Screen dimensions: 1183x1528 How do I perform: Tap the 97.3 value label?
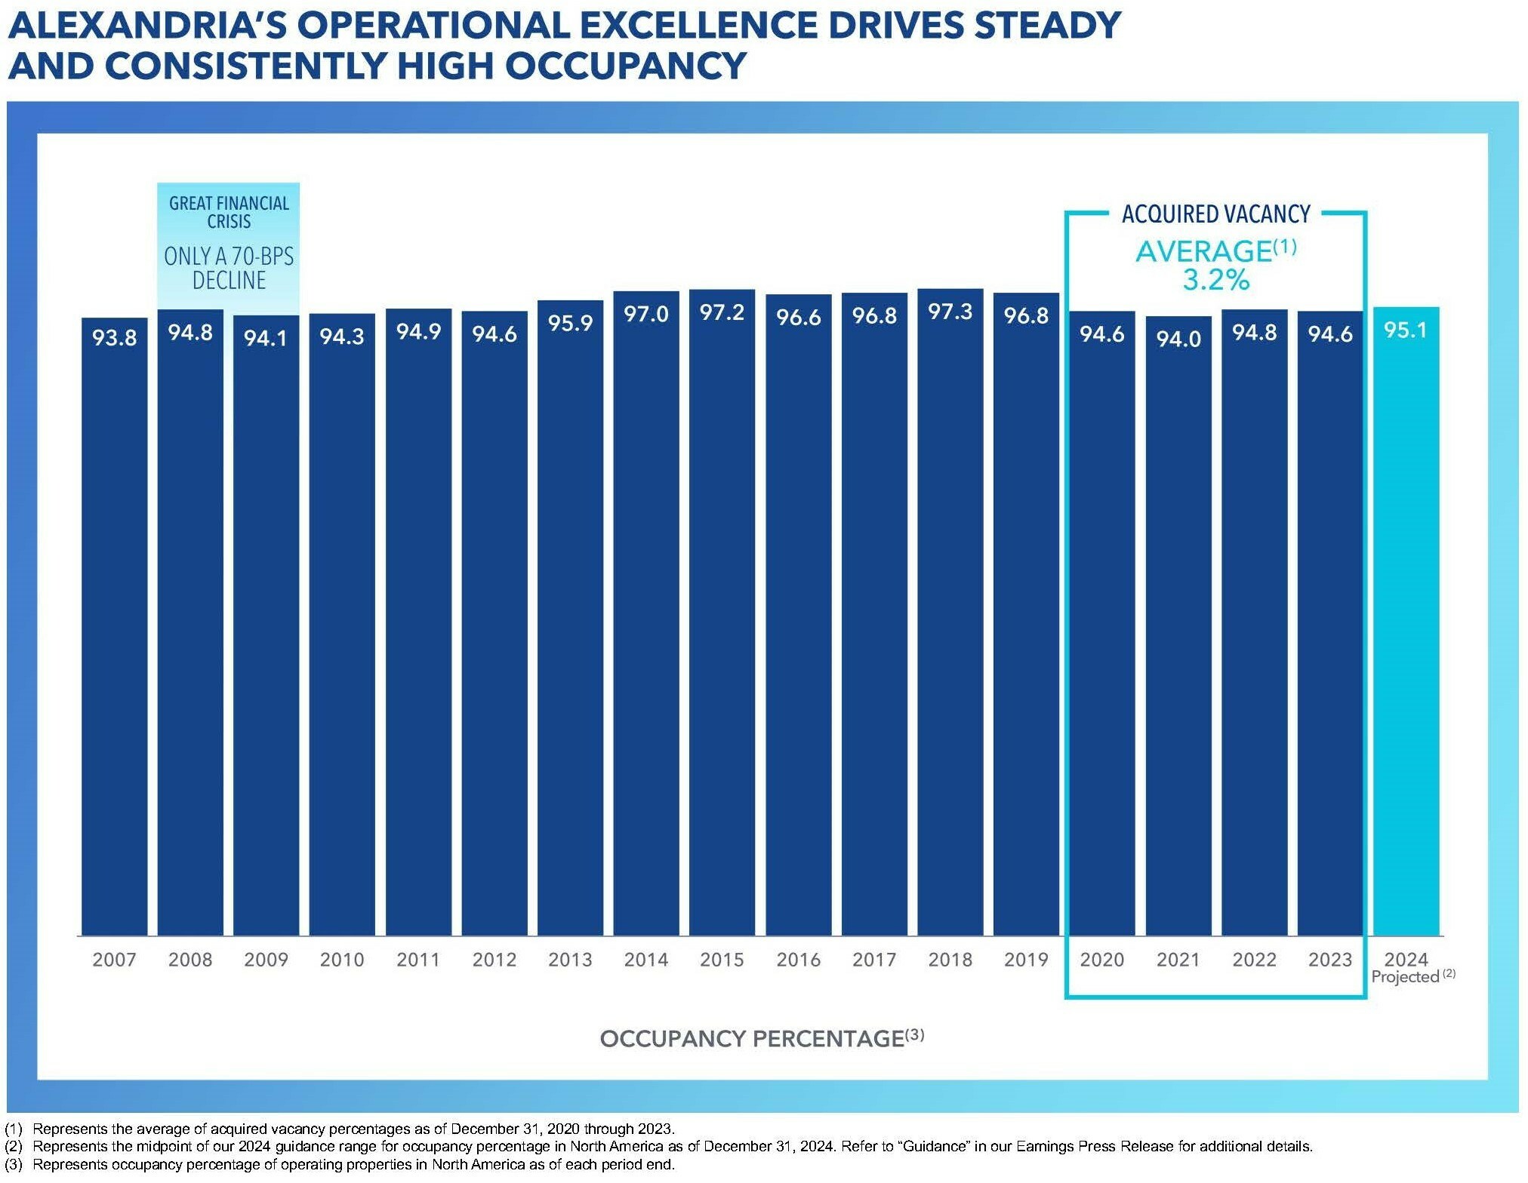tap(950, 312)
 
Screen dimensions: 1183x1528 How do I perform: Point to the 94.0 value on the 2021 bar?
tap(1178, 339)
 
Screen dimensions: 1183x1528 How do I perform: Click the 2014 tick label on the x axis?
tap(645, 960)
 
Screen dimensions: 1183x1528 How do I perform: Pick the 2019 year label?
tap(1025, 960)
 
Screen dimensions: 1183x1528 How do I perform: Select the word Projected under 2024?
tap(1404, 977)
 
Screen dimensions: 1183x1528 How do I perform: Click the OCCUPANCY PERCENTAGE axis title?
tap(751, 1039)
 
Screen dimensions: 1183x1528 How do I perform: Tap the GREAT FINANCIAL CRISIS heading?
tap(229, 212)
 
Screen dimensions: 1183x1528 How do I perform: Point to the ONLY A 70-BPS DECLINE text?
tap(229, 268)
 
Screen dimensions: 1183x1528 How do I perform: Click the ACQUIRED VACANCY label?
tap(1215, 214)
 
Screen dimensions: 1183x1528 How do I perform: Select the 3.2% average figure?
tap(1215, 280)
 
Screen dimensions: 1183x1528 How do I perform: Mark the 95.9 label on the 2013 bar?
tap(570, 323)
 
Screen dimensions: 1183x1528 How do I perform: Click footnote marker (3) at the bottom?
tap(14, 1164)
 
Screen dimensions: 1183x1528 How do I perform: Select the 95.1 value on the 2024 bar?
tap(1405, 330)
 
